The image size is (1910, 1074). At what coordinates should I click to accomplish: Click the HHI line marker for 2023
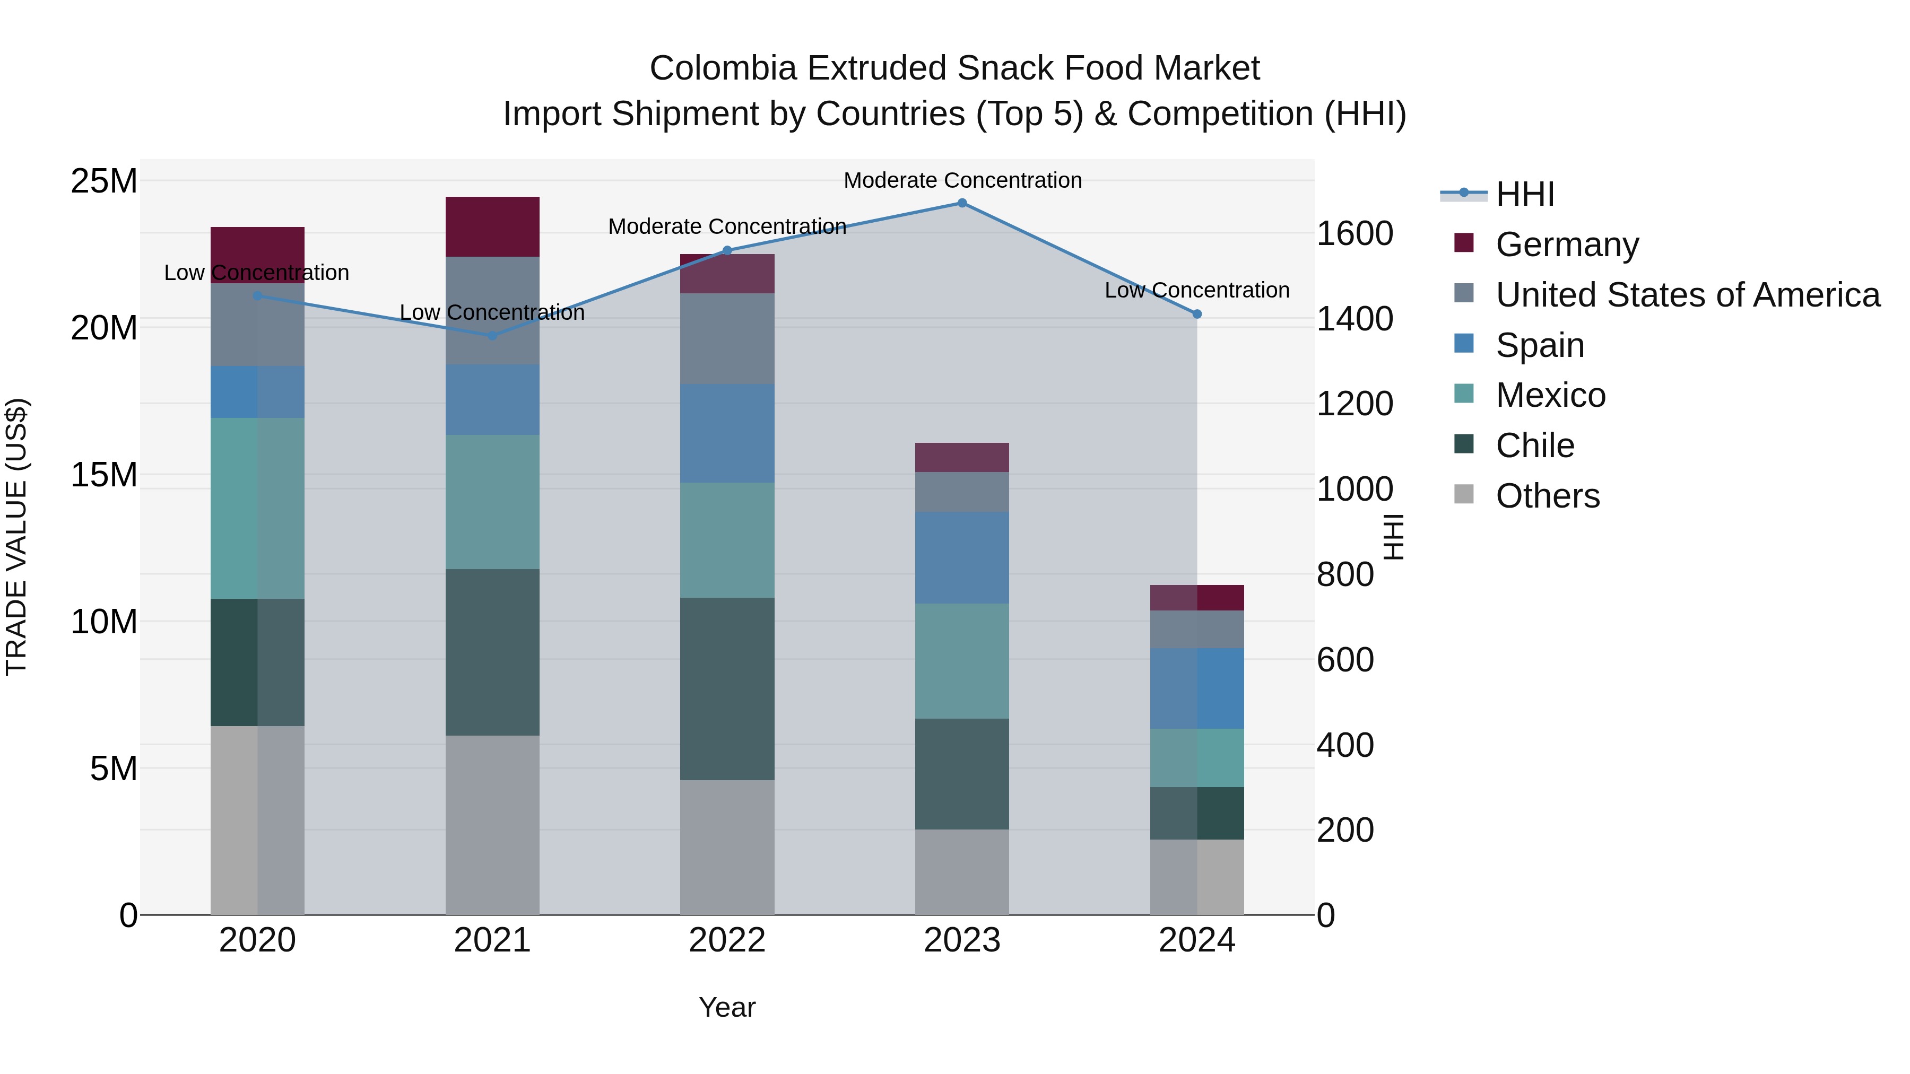[962, 203]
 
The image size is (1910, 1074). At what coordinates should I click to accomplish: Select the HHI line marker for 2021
[492, 336]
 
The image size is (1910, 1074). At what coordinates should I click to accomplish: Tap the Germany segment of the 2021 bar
[492, 227]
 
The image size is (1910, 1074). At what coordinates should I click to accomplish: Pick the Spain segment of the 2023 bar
[962, 557]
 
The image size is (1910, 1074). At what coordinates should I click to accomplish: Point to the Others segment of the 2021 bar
[492, 825]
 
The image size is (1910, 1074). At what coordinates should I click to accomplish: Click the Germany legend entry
[1567, 245]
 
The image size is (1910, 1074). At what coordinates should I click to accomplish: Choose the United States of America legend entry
[1687, 295]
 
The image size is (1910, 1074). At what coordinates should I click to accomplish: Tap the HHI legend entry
[1524, 194]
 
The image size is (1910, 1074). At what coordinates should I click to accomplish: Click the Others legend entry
[1548, 496]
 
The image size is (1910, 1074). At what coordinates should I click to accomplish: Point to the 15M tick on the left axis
[104, 474]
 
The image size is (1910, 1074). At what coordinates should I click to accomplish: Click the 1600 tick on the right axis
[1354, 234]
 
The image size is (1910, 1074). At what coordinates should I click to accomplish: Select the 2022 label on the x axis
[727, 940]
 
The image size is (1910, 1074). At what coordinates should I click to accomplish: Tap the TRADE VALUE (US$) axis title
[16, 537]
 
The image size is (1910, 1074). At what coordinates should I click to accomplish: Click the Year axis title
[727, 1007]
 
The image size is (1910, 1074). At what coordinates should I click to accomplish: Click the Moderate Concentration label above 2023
[962, 180]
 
